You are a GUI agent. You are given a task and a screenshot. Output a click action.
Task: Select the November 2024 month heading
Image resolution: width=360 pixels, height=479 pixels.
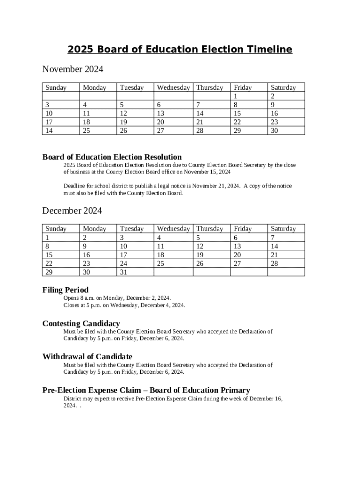[x=72, y=69]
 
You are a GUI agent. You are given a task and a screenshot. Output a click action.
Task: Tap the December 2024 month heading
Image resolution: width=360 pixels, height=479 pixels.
[x=72, y=210]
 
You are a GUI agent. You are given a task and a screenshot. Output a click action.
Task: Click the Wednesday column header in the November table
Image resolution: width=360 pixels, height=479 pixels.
[x=173, y=87]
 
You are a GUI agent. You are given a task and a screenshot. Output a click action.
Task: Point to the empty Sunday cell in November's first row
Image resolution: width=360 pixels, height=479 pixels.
[x=61, y=96]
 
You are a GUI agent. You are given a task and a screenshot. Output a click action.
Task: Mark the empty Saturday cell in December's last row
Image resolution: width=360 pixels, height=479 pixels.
[x=286, y=272]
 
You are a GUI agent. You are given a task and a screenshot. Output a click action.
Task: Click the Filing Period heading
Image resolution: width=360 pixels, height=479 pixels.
[x=65, y=290]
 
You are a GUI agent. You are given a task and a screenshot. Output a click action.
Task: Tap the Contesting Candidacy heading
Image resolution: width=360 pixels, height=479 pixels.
[x=81, y=324]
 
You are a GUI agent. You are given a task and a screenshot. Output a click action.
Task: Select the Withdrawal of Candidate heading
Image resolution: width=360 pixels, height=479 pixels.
[x=87, y=357]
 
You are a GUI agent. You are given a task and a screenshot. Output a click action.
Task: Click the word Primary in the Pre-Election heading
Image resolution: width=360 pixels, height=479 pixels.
[x=234, y=390]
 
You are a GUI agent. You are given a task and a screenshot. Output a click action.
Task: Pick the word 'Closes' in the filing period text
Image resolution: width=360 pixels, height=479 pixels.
[x=72, y=305]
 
